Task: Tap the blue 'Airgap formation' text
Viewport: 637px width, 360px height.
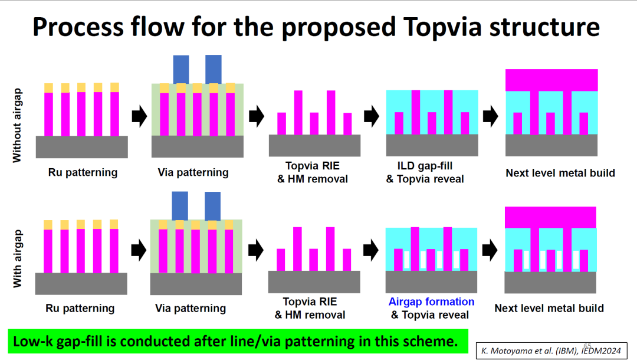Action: pos(431,302)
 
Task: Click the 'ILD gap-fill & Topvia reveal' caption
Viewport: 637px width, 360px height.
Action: pos(425,172)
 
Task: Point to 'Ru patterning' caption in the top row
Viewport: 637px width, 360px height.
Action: pos(83,172)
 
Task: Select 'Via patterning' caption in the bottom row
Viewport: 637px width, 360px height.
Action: pos(191,308)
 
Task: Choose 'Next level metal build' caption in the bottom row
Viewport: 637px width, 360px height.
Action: pos(549,308)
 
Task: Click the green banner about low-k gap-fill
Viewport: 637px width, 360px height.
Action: pos(235,341)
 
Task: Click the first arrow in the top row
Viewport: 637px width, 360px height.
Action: pos(139,116)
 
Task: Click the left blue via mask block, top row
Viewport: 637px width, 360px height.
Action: pos(181,69)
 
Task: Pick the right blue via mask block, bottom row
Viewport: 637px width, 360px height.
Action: pos(212,205)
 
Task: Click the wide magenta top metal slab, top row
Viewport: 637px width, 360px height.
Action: pos(551,80)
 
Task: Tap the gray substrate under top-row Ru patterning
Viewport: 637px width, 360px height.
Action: pos(82,146)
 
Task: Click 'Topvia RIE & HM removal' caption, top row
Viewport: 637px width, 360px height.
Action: pos(312,172)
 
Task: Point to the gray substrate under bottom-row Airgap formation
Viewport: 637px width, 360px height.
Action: pos(431,282)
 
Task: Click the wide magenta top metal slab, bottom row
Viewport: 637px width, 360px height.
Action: pos(551,217)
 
